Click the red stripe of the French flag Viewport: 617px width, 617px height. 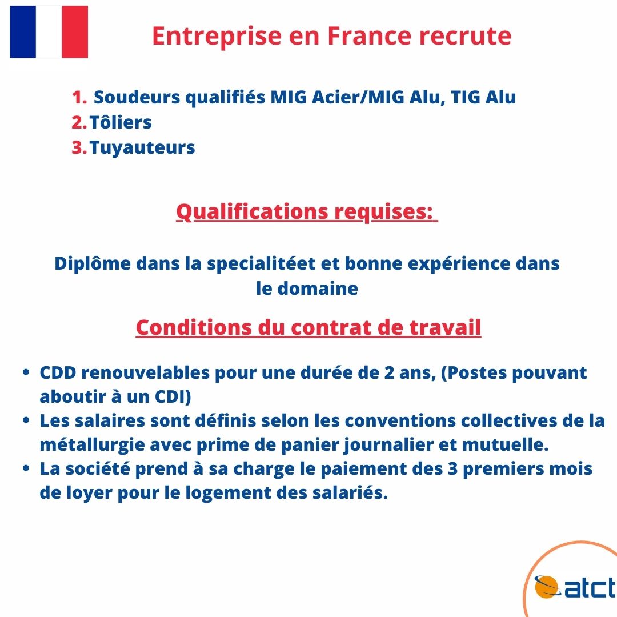75,32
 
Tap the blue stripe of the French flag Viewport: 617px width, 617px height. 23,32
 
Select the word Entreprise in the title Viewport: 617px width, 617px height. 217,37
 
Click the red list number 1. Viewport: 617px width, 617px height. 79,98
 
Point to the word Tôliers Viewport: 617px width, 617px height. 121,122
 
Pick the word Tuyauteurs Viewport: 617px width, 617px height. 142,148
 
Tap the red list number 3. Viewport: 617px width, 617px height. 79,148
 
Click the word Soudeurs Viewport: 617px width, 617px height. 137,97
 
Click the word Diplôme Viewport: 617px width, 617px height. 93,263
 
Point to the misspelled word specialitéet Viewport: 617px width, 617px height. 261,264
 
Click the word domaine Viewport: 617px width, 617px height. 318,289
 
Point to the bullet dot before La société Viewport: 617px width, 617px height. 26,468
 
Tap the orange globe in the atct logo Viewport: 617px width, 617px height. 547,587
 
